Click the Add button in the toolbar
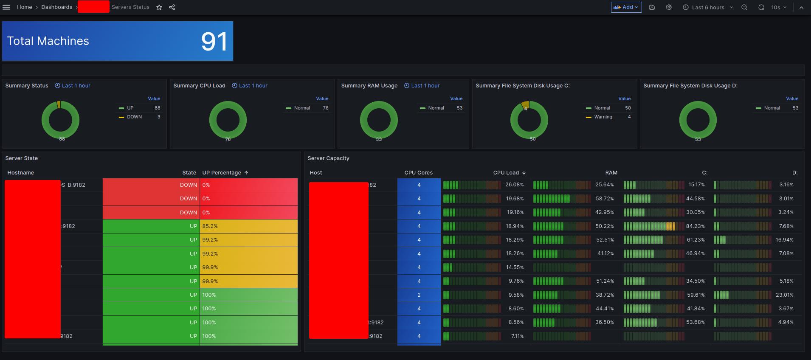click(626, 7)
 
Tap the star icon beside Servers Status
click(159, 7)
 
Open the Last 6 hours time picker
click(708, 7)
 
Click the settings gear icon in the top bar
click(669, 7)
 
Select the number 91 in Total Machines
click(214, 42)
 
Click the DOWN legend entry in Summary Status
click(134, 117)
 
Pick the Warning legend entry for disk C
click(603, 117)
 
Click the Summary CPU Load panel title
click(199, 86)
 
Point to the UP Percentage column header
click(222, 173)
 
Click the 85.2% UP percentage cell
click(210, 226)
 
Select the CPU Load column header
click(506, 173)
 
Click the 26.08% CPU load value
click(514, 185)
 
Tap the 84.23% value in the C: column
click(695, 226)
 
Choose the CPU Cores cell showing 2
click(419, 295)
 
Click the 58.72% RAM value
click(605, 199)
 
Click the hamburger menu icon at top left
click(6, 7)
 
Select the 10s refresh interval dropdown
click(778, 7)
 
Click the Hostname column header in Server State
click(21, 173)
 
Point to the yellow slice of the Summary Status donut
click(59, 104)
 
